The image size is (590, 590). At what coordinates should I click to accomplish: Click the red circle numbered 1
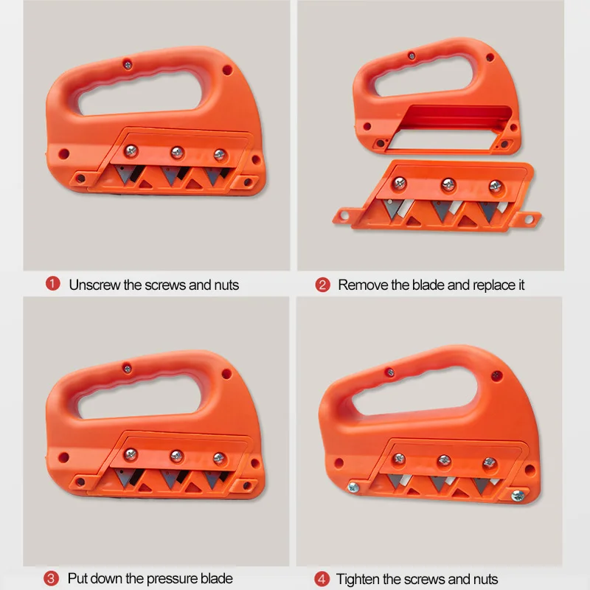pos(52,284)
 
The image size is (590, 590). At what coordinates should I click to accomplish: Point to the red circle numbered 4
pos(322,579)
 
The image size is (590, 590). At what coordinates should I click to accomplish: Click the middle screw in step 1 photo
pos(176,153)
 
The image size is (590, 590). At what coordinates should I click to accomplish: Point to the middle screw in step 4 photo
pos(445,460)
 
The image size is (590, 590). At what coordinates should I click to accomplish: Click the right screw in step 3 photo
pos(218,458)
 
